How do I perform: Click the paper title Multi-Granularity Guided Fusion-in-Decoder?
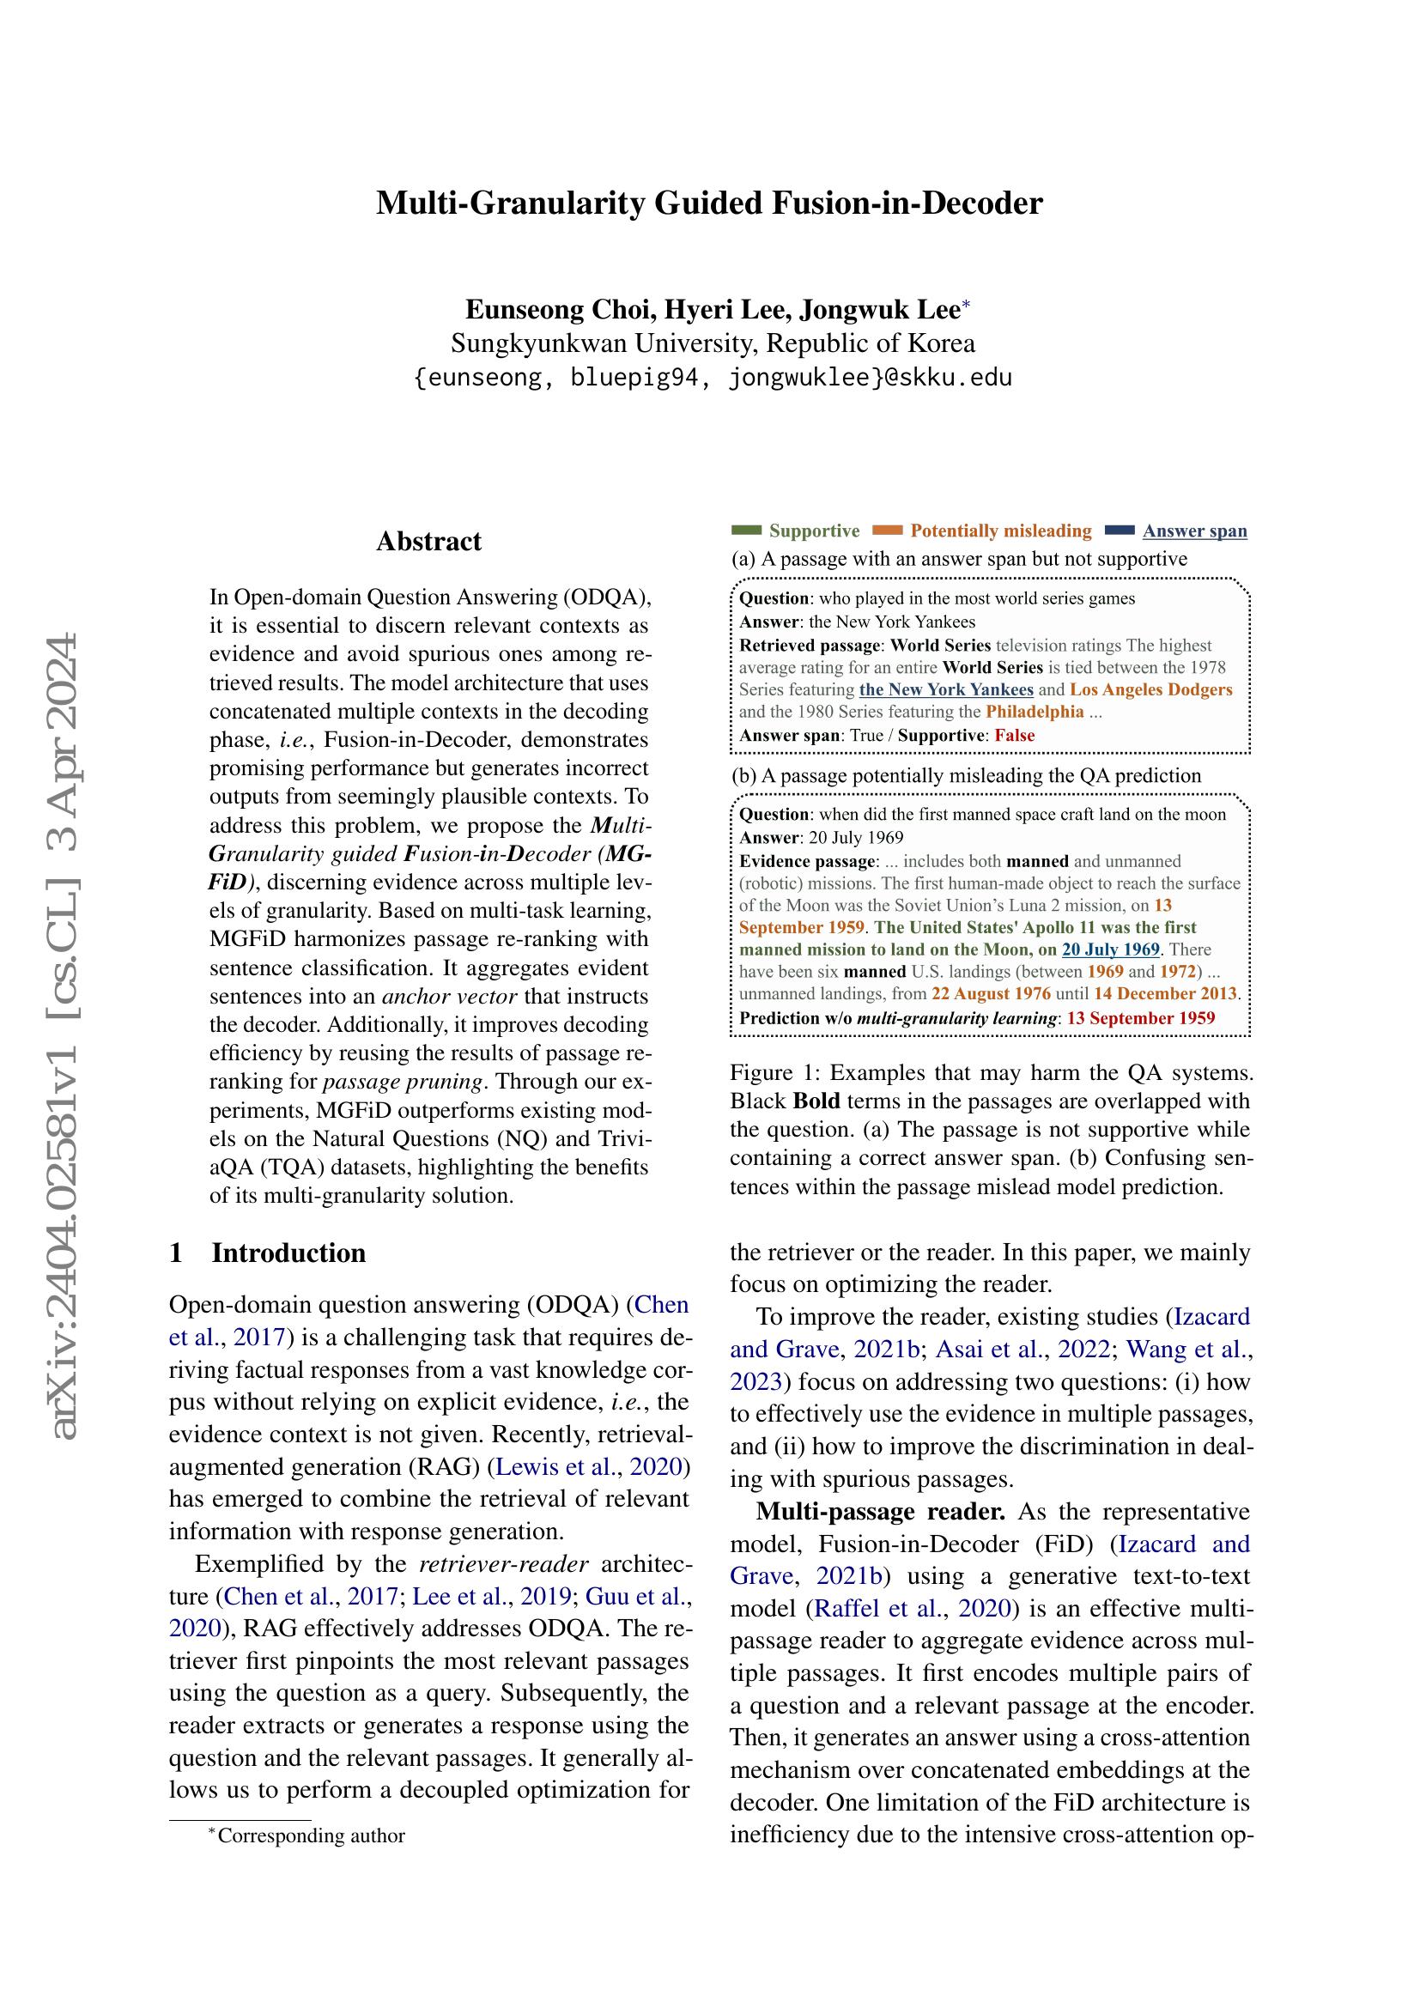pyautogui.click(x=709, y=203)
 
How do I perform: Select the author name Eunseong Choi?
pyautogui.click(x=561, y=310)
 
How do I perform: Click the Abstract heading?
pyautogui.click(x=428, y=542)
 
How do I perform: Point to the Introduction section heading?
pyautogui.click(x=288, y=1253)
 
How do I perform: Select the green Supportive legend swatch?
pyautogui.click(x=746, y=530)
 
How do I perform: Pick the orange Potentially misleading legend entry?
pyautogui.click(x=1000, y=531)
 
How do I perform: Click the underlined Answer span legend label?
pyautogui.click(x=1194, y=531)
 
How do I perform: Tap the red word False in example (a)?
pyautogui.click(x=1014, y=736)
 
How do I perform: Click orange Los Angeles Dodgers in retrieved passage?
pyautogui.click(x=1150, y=689)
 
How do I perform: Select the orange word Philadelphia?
pyautogui.click(x=1035, y=712)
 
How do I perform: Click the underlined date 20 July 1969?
pyautogui.click(x=1110, y=949)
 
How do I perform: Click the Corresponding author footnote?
pyautogui.click(x=311, y=1835)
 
